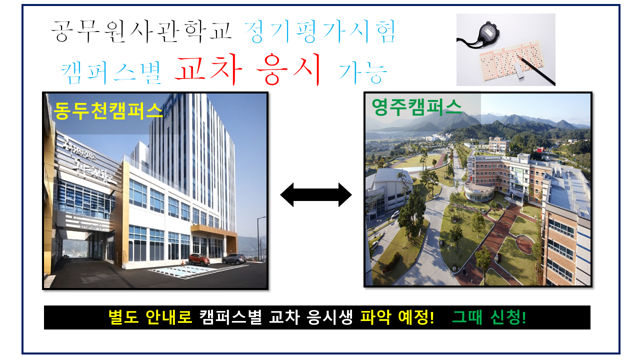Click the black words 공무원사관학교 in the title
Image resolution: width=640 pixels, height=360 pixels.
[141, 31]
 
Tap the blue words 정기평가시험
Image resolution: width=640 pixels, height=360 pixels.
[320, 31]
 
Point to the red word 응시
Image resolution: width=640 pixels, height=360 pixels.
[288, 69]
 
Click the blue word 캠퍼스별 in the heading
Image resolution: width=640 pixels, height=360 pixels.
[111, 72]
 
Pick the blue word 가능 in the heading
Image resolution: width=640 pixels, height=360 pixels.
[363, 72]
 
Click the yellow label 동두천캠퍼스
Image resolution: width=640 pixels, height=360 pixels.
[108, 110]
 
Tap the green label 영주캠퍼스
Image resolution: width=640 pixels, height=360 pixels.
[416, 107]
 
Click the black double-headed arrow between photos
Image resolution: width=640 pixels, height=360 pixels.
[315, 195]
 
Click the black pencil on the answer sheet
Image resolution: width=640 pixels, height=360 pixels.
[535, 69]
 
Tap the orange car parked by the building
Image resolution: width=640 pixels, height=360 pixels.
[199, 259]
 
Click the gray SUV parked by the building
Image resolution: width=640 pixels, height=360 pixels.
[233, 259]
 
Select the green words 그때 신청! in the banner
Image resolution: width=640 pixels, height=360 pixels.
[489, 317]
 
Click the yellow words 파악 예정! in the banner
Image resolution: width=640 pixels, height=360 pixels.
[397, 317]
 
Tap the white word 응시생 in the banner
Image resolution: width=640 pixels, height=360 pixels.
[329, 317]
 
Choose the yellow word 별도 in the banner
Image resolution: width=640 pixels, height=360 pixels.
[123, 317]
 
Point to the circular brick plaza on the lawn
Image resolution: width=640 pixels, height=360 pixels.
[525, 244]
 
